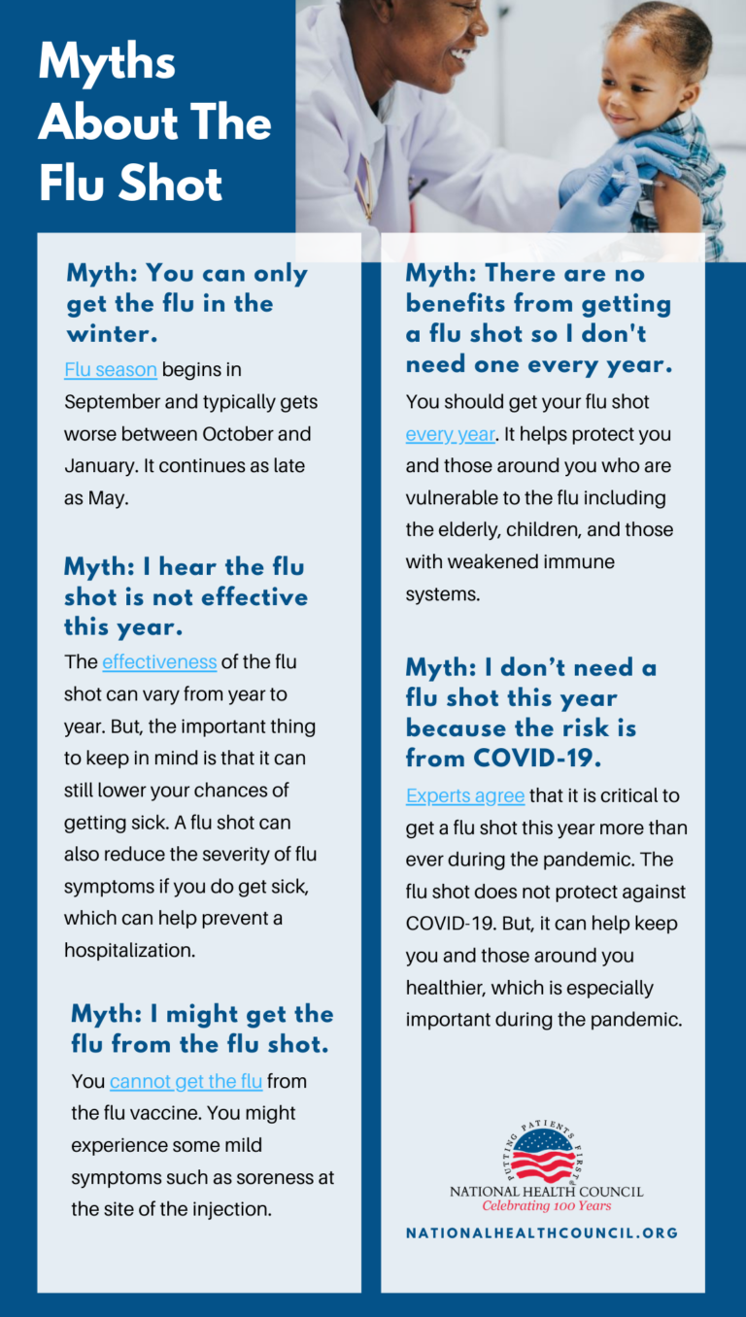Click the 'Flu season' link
110,369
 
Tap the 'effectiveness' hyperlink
159,661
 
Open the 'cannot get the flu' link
186,1081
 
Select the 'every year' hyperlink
451,434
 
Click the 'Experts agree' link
465,795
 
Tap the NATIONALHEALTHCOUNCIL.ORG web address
542,1233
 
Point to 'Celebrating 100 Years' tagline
547,1206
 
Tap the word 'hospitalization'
129,950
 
